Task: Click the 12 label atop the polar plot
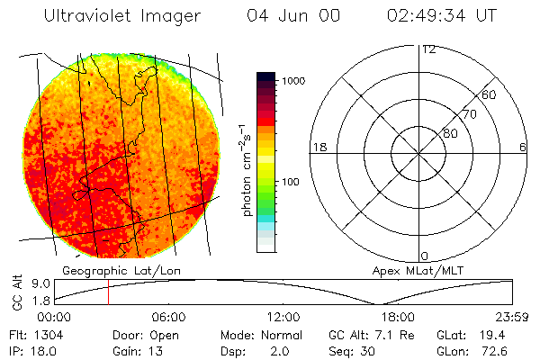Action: [428, 49]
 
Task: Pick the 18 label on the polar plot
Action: [318, 147]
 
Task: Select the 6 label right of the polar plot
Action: [523, 147]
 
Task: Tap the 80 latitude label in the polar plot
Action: [451, 133]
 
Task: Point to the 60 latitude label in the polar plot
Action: [489, 95]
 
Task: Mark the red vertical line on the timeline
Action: [108, 292]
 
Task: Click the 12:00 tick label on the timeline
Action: [283, 317]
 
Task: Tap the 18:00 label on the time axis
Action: [398, 317]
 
